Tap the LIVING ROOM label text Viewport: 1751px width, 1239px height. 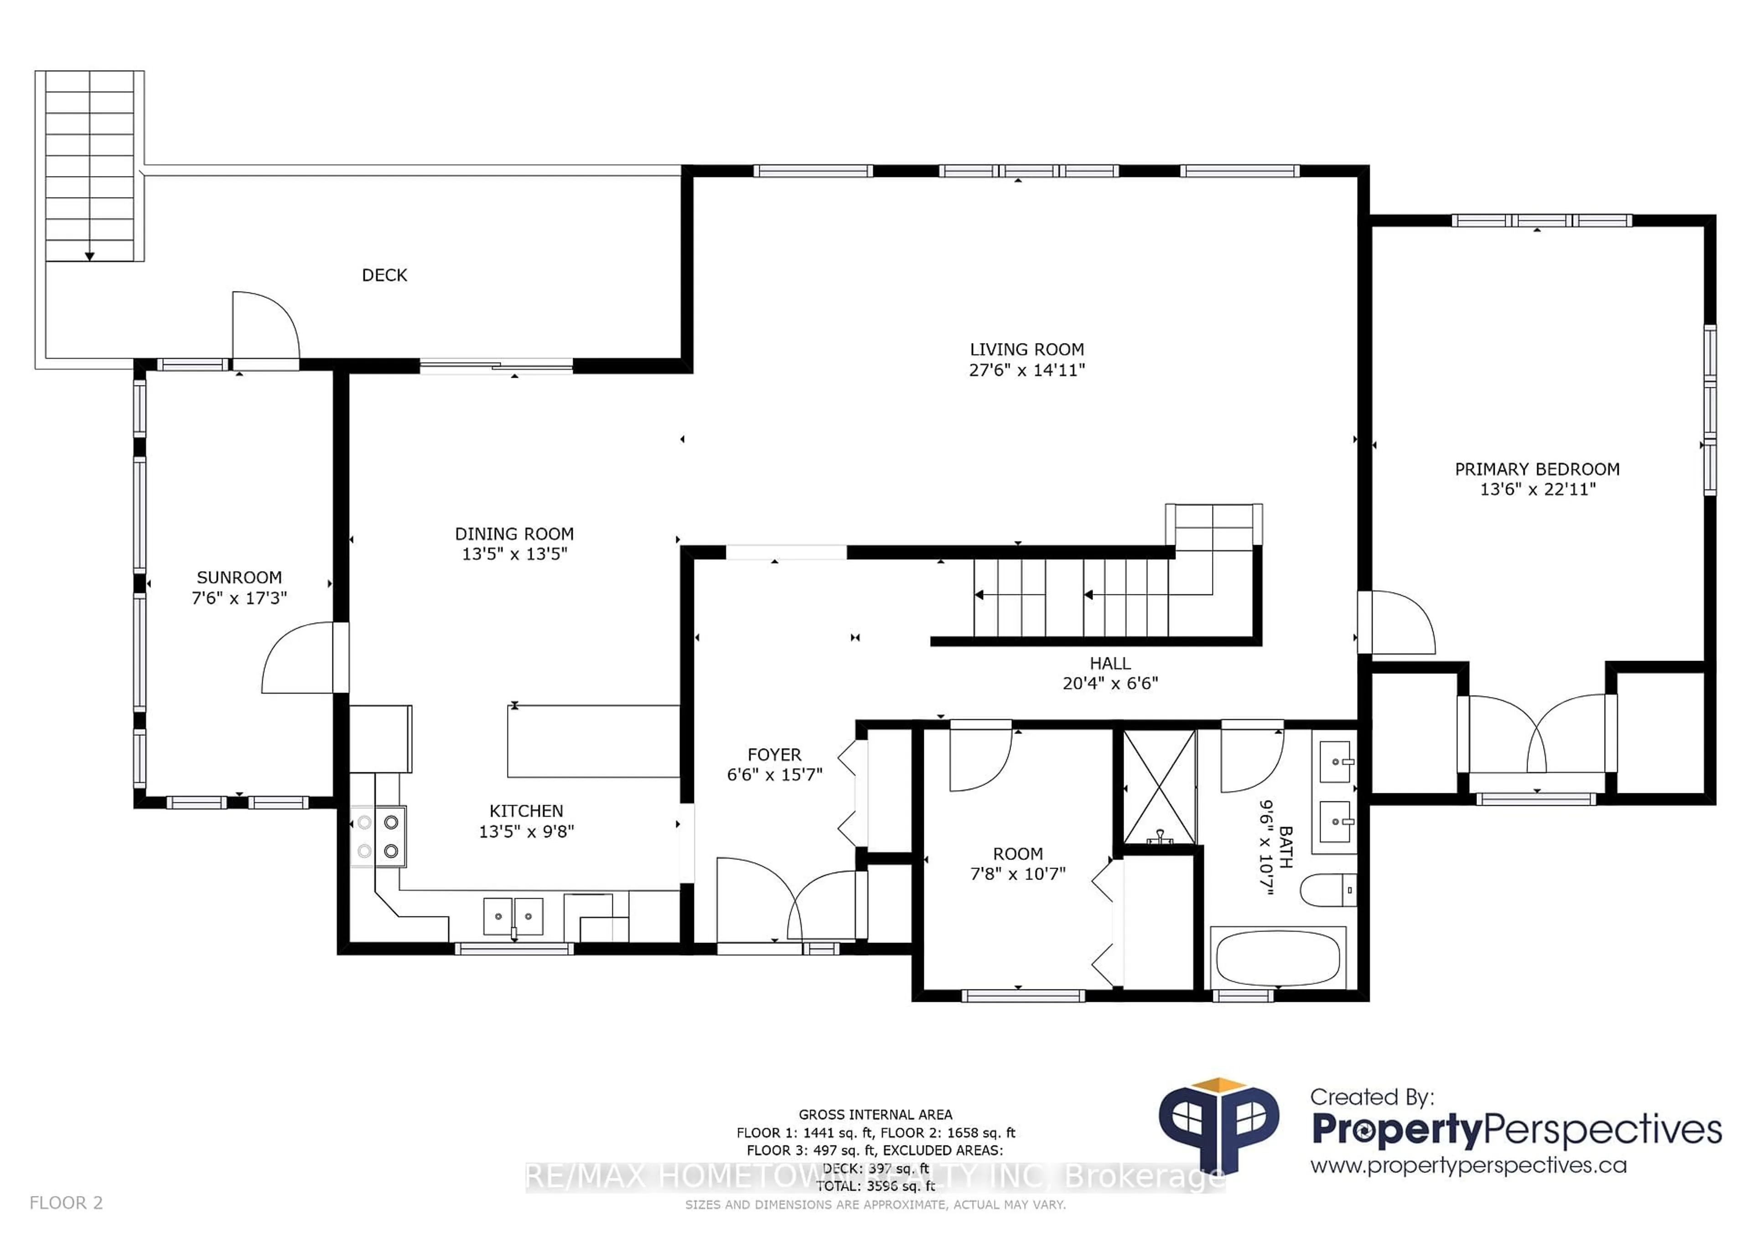click(1026, 349)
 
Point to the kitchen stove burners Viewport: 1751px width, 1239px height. click(378, 836)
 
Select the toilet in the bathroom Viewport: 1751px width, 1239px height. click(1328, 890)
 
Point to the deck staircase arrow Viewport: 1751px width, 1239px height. click(89, 255)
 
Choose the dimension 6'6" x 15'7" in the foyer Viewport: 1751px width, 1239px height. click(774, 775)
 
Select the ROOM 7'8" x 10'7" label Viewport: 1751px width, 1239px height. click(1017, 864)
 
